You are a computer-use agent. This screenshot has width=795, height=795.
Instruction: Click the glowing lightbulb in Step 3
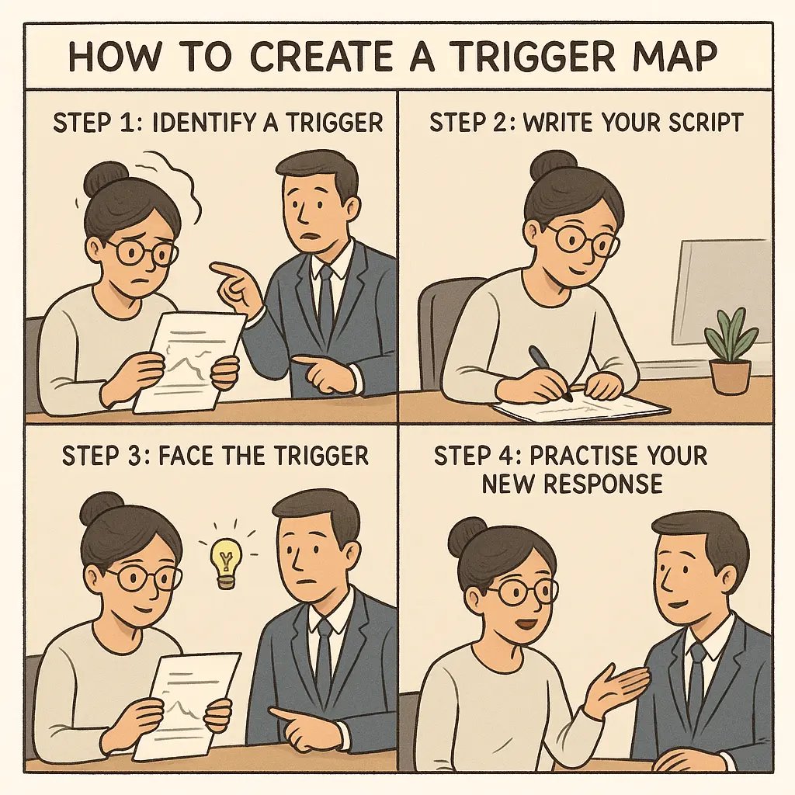[x=226, y=561]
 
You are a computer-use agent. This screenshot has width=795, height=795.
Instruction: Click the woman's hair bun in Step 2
[x=553, y=165]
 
